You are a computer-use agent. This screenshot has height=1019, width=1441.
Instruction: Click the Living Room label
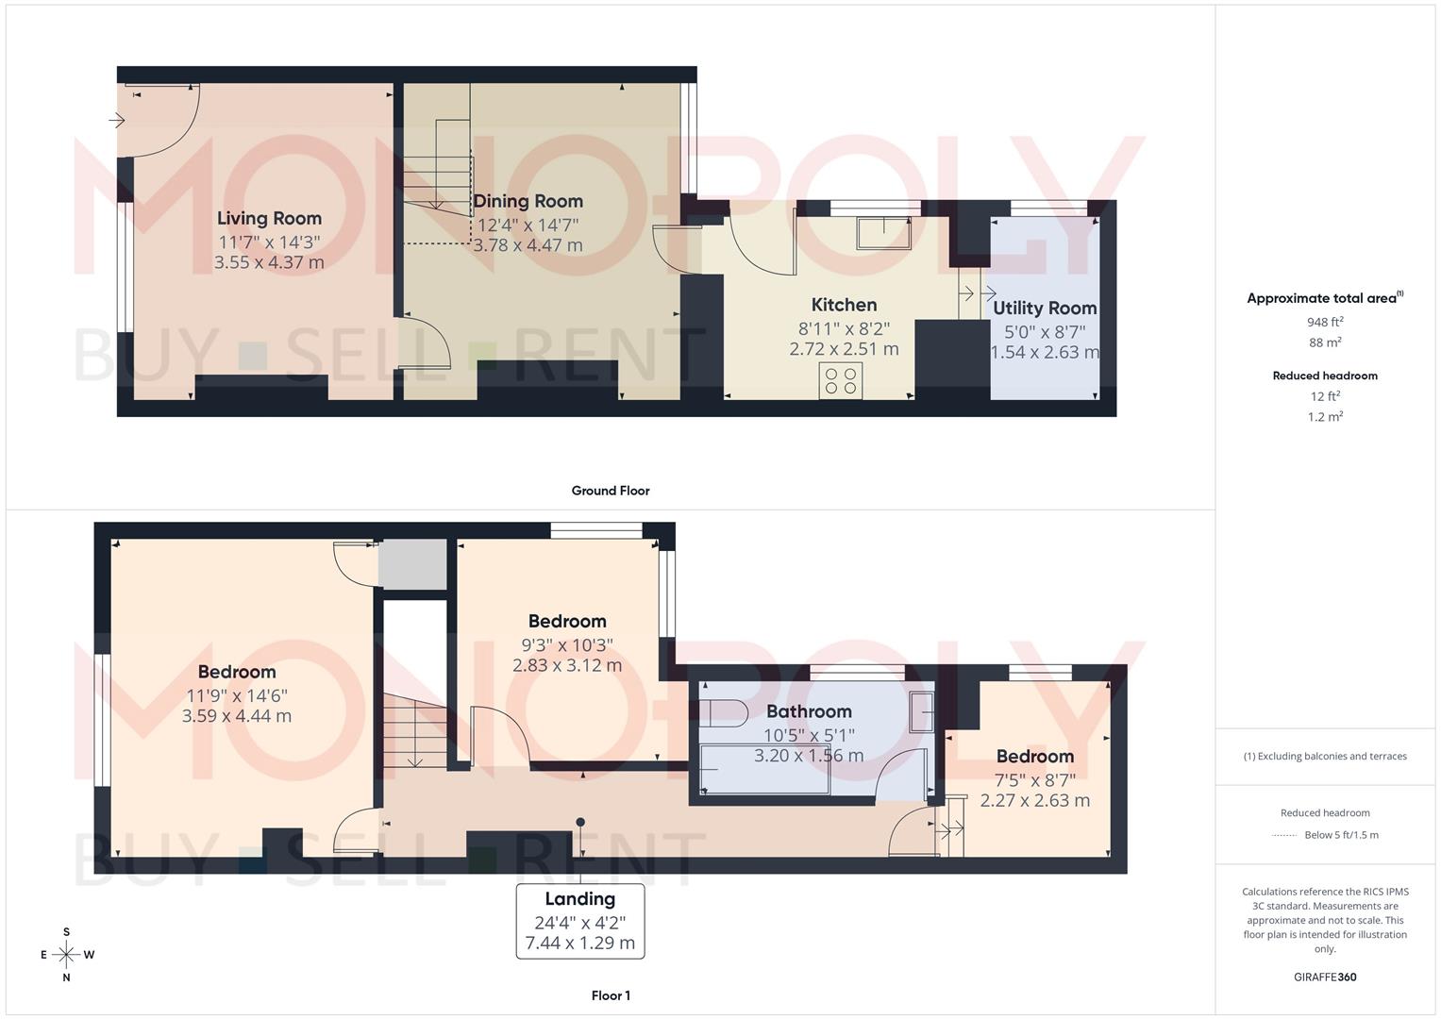[x=269, y=219]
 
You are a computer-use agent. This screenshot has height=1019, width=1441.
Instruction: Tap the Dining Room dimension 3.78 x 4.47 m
[x=528, y=245]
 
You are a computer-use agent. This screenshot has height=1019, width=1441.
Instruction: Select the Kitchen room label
[x=844, y=305]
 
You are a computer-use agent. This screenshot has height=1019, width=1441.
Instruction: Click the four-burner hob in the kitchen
[x=840, y=381]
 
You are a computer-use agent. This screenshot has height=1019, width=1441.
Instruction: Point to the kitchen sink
[x=883, y=232]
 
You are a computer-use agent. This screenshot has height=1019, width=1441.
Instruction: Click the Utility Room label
[x=1045, y=309]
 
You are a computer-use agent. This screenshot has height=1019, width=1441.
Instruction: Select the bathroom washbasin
[x=922, y=711]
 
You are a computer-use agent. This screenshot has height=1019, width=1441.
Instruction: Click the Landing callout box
[x=579, y=921]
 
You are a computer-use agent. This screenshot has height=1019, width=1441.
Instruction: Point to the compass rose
[x=66, y=955]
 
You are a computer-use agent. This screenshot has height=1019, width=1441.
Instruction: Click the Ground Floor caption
[x=611, y=491]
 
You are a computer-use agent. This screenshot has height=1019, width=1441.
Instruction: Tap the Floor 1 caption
[x=611, y=995]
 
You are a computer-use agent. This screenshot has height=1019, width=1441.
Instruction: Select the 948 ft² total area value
[x=1325, y=322]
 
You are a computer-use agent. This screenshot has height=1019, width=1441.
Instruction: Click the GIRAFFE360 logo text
[x=1325, y=977]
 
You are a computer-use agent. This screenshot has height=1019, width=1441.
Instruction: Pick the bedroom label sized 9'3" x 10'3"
[x=566, y=622]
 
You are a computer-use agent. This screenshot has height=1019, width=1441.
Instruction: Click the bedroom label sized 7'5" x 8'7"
[x=1034, y=757]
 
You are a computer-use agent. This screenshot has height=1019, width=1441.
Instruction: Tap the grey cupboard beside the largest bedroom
[x=412, y=564]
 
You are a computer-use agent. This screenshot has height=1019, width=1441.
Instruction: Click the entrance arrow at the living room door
[x=117, y=121]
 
